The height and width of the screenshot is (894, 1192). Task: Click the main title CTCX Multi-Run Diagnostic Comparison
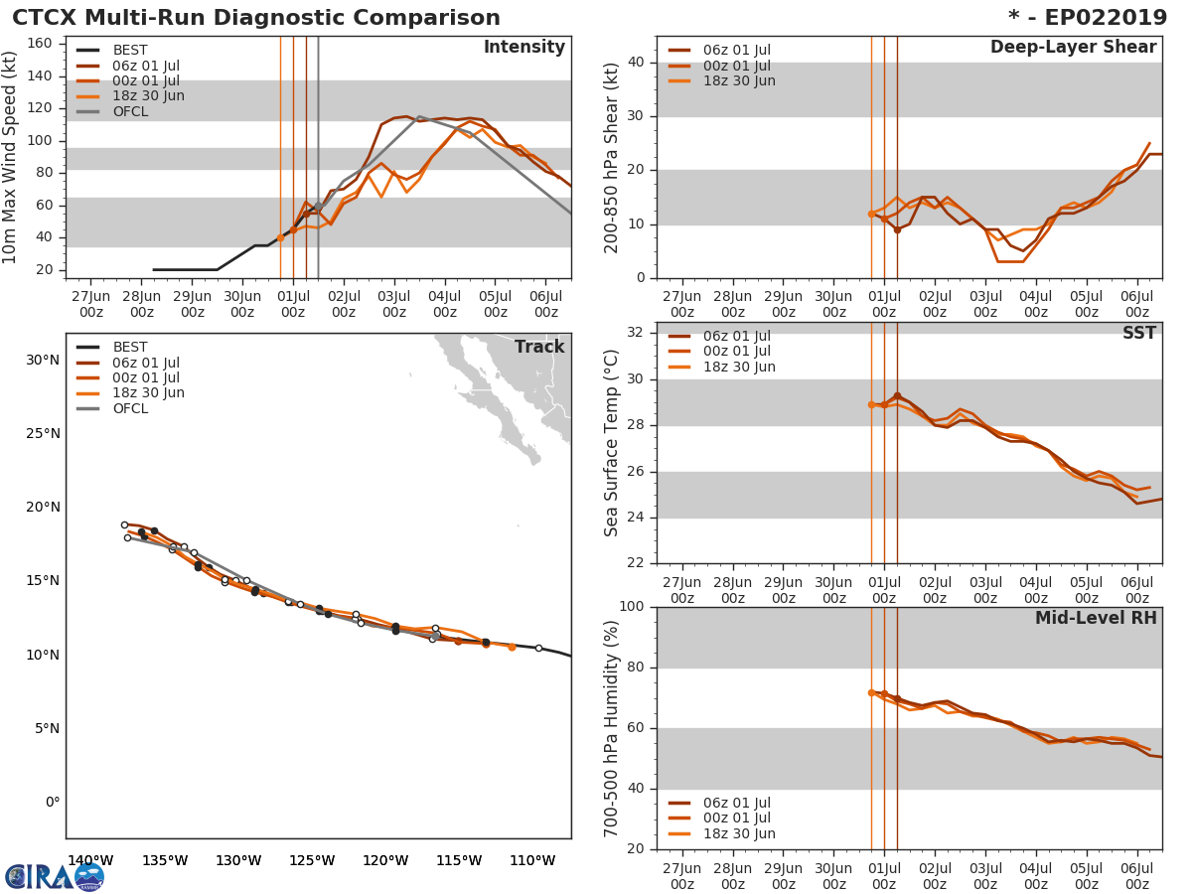[x=256, y=18]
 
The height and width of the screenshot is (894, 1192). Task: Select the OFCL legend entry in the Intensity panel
[x=130, y=111]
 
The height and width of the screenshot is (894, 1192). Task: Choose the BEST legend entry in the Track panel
[x=130, y=347]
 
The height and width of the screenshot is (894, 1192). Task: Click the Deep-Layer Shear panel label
[x=1073, y=48]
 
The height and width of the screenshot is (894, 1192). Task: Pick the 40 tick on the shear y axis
[x=637, y=63]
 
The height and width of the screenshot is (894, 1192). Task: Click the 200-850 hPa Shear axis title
[x=612, y=157]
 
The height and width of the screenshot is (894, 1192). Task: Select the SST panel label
[x=1138, y=333]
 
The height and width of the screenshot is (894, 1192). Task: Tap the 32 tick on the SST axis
[x=637, y=333]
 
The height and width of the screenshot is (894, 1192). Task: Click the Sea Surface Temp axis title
[x=612, y=443]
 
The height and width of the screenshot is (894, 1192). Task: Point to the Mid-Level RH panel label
[x=1095, y=619]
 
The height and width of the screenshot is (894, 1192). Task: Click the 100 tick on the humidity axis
[x=632, y=607]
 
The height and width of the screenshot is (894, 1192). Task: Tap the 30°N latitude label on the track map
[x=43, y=360]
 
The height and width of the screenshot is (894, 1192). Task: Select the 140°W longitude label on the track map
[x=90, y=860]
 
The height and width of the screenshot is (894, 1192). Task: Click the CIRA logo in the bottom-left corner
[x=54, y=877]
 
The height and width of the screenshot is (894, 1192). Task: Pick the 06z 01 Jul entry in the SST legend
[x=736, y=336]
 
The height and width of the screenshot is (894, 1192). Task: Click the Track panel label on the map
[x=538, y=347]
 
